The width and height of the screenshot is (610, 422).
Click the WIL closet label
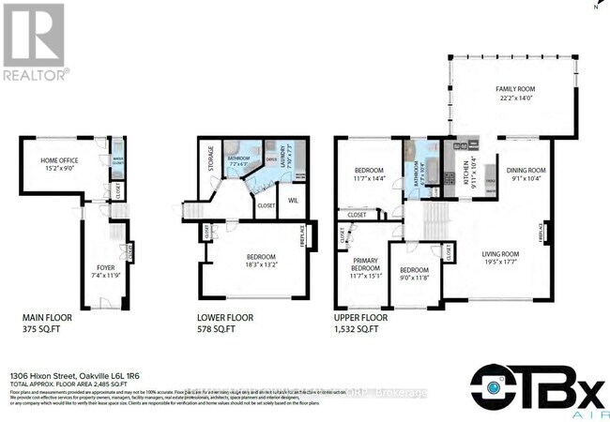(293, 200)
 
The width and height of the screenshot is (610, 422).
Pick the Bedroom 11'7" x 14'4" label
(367, 174)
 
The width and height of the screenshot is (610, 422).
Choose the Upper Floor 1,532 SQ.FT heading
(361, 324)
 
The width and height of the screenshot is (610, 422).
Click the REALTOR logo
(34, 41)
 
